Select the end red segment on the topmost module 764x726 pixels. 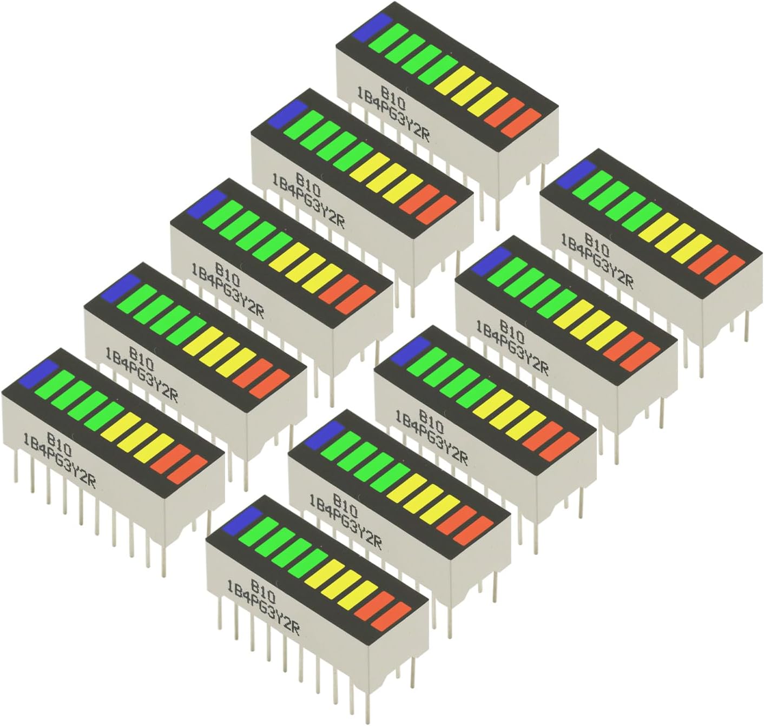tap(521, 123)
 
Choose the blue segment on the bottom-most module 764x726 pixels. tap(241, 520)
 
